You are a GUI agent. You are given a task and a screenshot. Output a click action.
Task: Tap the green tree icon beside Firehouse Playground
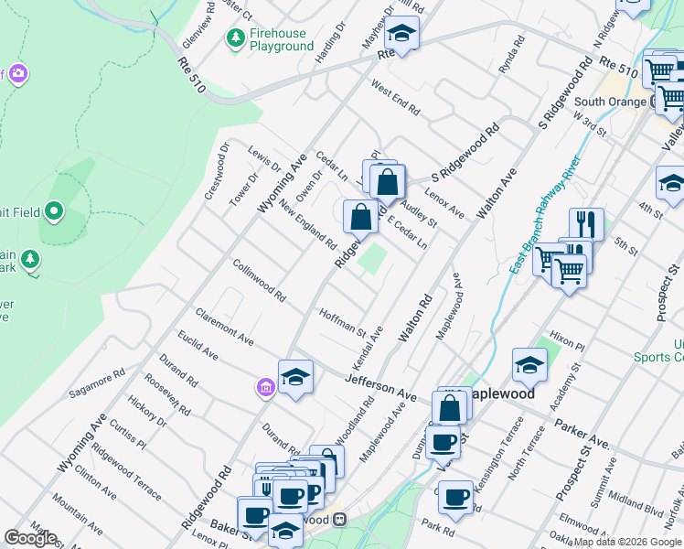point(236,38)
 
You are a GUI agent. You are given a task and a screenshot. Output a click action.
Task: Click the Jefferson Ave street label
point(380,385)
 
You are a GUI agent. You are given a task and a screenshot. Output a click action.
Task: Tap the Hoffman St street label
point(342,321)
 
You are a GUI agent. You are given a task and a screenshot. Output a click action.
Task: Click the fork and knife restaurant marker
point(586,223)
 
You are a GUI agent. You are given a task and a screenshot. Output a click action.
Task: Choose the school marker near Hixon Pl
point(529,366)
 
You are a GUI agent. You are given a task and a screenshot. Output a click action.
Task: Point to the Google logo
point(30,538)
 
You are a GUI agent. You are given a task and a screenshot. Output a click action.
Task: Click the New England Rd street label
point(308,225)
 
